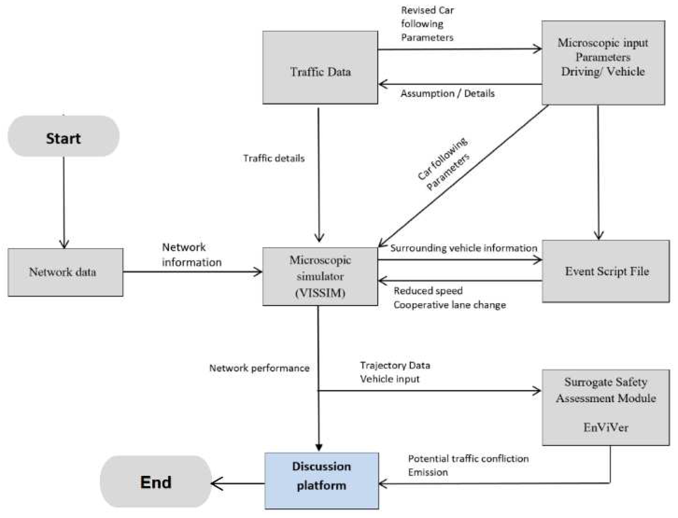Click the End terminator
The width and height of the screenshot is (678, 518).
(155, 482)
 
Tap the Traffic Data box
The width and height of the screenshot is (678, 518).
(320, 68)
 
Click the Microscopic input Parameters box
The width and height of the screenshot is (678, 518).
(603, 63)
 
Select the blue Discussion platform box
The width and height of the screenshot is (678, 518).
(321, 480)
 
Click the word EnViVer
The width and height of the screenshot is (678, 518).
(605, 427)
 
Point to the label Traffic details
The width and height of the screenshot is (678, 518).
(274, 158)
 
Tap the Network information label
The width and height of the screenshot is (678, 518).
(191, 255)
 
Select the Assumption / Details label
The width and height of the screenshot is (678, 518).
(447, 93)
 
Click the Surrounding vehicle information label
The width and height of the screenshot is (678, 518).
(463, 248)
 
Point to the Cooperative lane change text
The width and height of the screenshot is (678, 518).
(449, 305)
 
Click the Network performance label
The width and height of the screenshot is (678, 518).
(259, 368)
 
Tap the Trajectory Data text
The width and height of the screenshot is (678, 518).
(395, 365)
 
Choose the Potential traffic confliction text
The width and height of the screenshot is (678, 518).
(468, 458)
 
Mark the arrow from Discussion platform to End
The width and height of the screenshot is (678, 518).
(238, 483)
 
